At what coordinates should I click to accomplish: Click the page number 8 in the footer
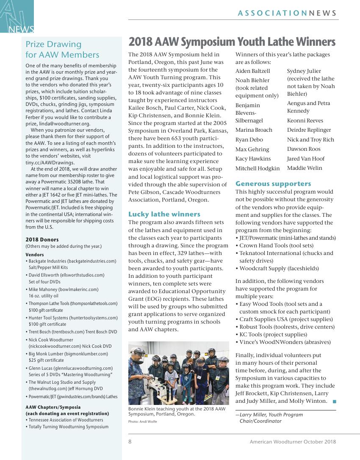coord(130,441)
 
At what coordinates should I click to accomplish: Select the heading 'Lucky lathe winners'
coord(164,214)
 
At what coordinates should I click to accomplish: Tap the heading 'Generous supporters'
coord(273,184)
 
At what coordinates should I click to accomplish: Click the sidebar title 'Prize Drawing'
coord(53,44)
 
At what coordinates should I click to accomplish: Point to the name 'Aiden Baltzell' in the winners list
coord(252,71)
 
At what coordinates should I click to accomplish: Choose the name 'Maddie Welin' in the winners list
coord(305,168)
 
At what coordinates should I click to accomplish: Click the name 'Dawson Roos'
coord(304,149)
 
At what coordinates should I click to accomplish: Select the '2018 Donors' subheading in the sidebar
coord(42,239)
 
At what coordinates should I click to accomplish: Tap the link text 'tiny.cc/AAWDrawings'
coord(50,162)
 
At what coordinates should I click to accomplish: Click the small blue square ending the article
coord(335,401)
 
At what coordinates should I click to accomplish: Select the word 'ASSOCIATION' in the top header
coord(272,13)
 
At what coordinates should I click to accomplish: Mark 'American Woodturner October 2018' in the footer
coord(293,441)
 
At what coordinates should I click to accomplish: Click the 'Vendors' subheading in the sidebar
coord(35,255)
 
